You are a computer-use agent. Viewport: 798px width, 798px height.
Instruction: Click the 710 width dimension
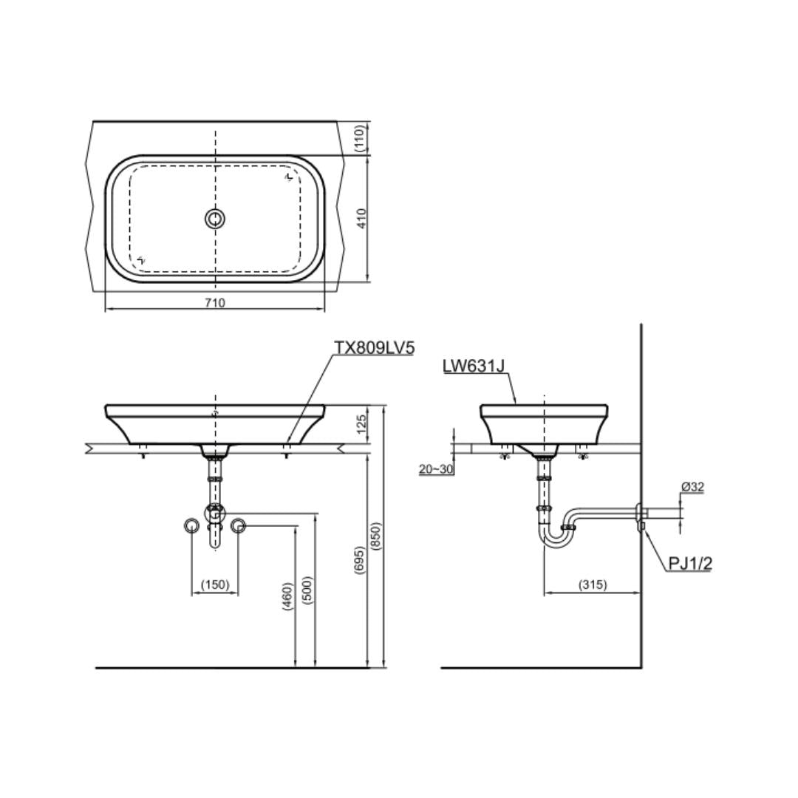pyautogui.click(x=215, y=303)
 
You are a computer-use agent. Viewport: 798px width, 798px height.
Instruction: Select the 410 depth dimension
pyautogui.click(x=362, y=218)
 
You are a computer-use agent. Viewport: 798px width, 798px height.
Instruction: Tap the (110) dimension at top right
pyautogui.click(x=360, y=138)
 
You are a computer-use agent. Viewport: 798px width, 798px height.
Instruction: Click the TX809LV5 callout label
pyautogui.click(x=374, y=347)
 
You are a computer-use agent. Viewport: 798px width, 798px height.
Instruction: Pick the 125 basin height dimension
pyautogui.click(x=362, y=424)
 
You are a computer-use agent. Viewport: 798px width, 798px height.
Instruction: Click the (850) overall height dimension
pyautogui.click(x=375, y=536)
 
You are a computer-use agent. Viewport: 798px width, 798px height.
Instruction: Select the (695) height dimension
pyautogui.click(x=360, y=560)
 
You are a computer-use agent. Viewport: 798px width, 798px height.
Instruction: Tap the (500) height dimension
pyautogui.click(x=307, y=590)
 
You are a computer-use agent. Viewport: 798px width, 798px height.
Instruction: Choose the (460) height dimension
pyautogui.click(x=287, y=596)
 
